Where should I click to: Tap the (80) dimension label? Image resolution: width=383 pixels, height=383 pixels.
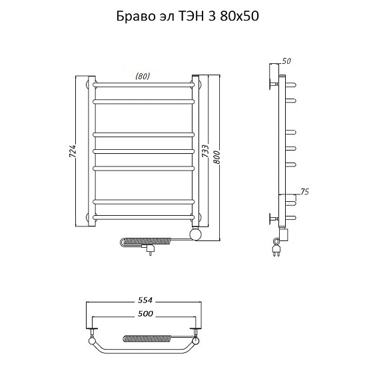click(142, 76)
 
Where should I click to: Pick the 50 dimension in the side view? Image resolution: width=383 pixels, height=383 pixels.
click(286, 61)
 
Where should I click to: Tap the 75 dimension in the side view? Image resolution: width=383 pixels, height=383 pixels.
click(305, 192)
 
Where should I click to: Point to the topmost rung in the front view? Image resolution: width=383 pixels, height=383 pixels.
click(143, 85)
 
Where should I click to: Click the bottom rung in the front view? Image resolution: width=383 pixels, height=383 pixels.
click(143, 216)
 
